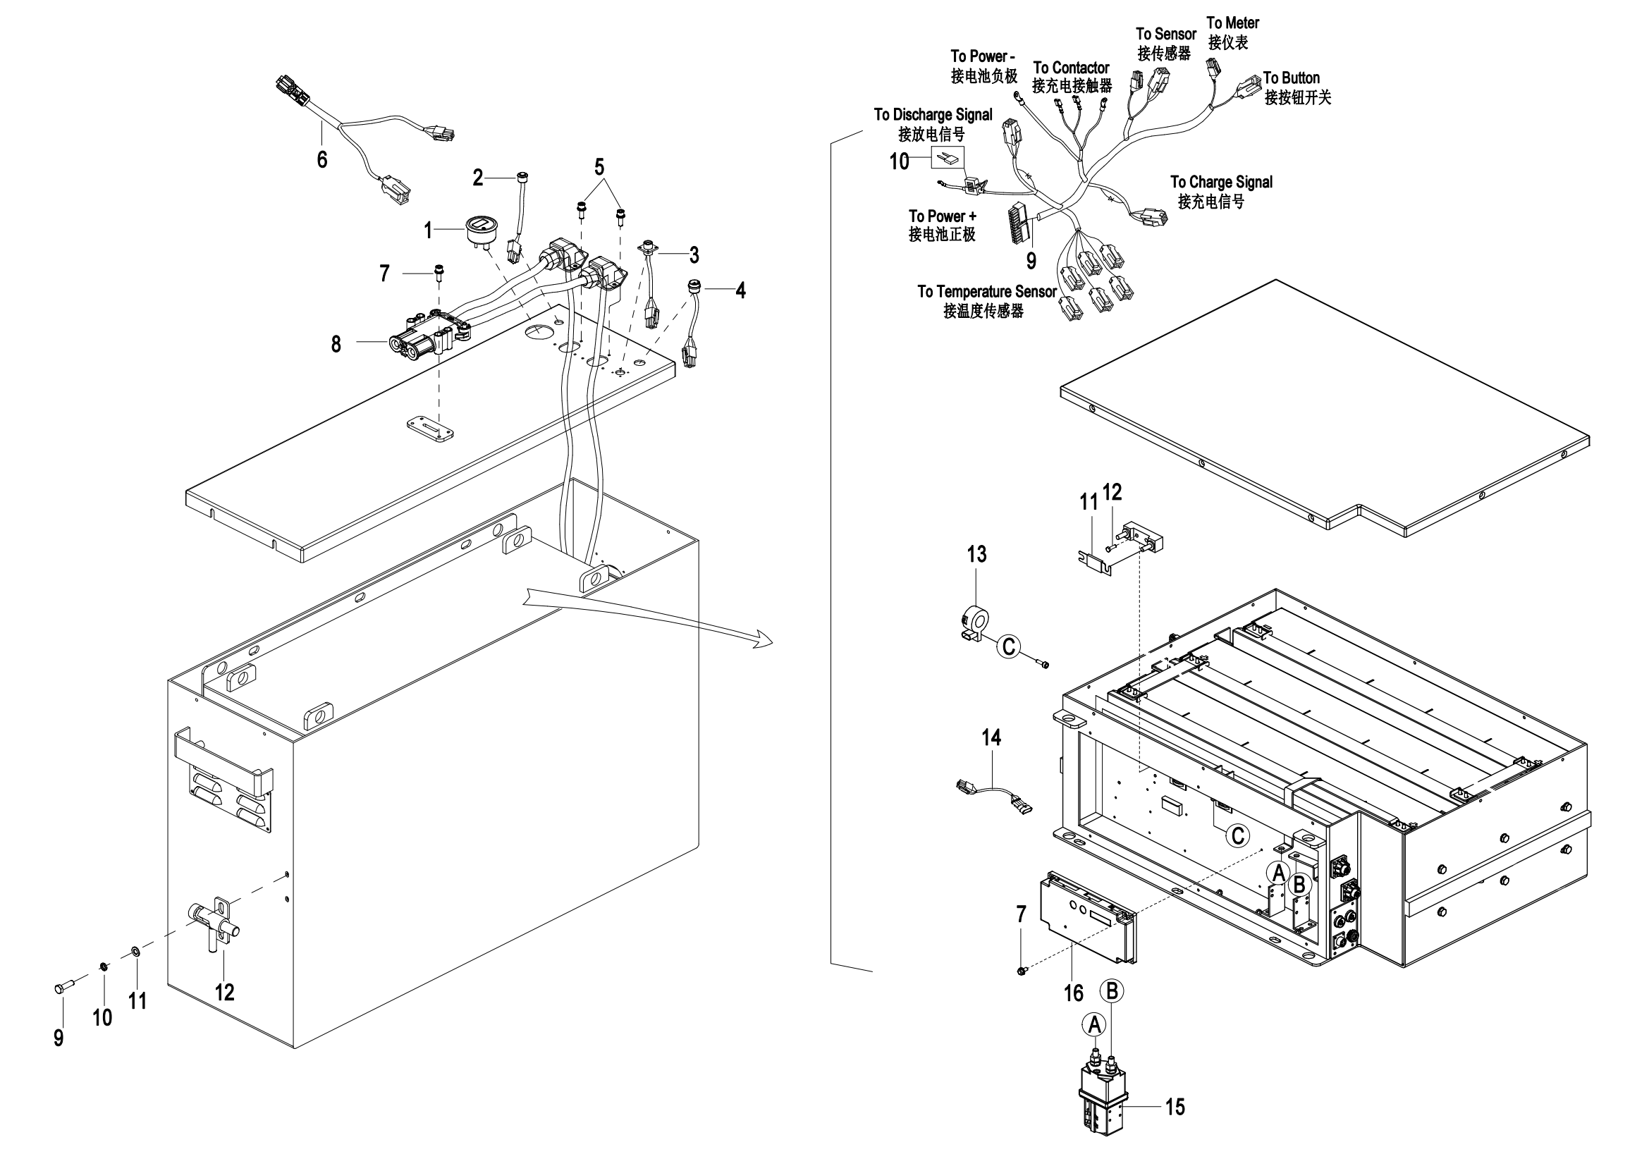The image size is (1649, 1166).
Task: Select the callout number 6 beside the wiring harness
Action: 321,159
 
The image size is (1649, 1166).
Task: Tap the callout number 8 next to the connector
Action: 336,345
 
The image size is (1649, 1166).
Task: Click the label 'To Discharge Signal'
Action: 933,115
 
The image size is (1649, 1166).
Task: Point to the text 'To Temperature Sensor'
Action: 987,292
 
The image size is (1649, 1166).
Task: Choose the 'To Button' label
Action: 1292,78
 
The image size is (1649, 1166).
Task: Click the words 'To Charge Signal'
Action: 1221,183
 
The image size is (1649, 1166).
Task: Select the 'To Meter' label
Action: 1232,23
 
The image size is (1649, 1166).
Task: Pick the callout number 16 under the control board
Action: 1074,993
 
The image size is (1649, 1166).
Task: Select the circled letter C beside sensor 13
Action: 1008,647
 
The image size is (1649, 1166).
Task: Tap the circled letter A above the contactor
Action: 1094,1024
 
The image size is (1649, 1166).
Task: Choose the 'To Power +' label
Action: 943,216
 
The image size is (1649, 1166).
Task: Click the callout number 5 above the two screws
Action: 599,167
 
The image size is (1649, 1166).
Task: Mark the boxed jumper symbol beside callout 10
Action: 948,158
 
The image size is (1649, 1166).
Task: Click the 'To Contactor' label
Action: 1071,68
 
